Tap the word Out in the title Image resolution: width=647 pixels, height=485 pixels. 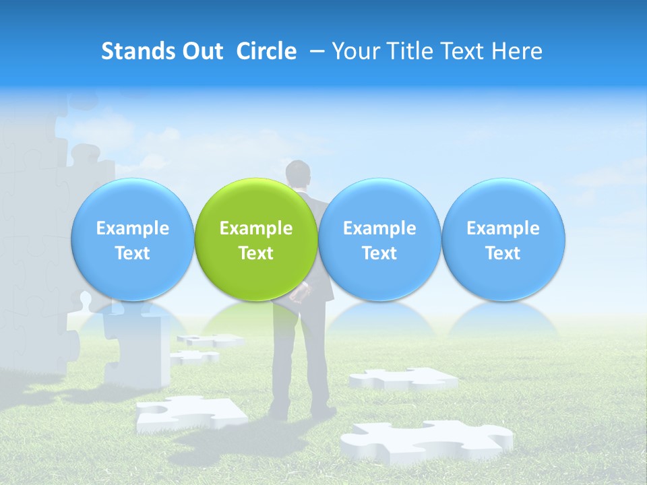tap(203, 51)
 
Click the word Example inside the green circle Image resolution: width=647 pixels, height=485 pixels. tap(256, 228)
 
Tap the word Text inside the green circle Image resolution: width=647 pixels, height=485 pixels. tap(256, 253)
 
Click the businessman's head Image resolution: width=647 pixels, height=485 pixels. tap(298, 174)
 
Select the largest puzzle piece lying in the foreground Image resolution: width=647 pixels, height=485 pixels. tap(425, 442)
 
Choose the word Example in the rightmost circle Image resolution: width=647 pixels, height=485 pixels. tap(503, 228)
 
